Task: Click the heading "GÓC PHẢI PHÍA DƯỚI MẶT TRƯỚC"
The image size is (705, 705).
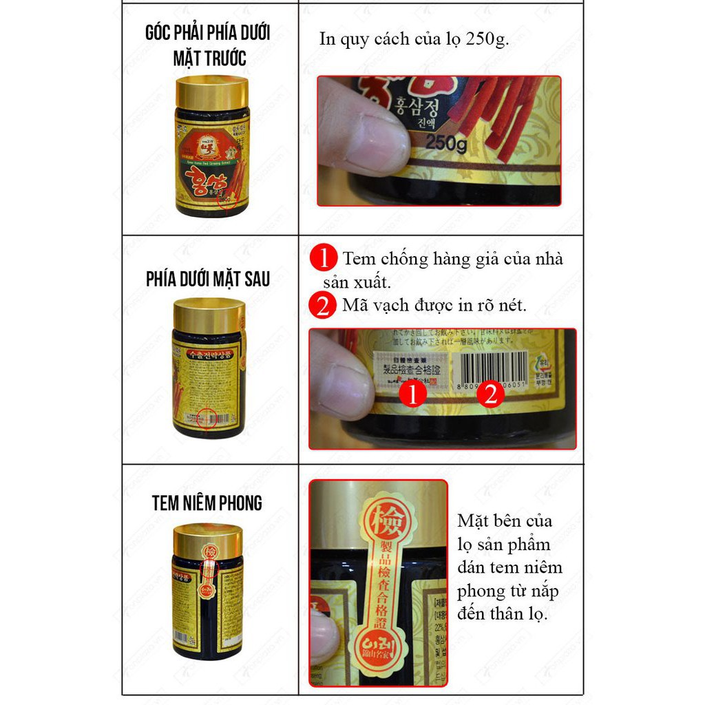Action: click(x=207, y=45)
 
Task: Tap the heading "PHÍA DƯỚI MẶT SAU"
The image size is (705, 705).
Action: click(x=207, y=279)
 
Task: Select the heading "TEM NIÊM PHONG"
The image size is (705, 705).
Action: click(x=207, y=503)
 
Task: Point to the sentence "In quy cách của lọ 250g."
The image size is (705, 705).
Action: click(x=414, y=39)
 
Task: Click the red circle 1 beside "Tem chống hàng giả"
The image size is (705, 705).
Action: click(x=323, y=260)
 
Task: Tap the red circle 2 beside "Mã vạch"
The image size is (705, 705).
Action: click(x=323, y=305)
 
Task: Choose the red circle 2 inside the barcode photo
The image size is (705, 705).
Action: click(x=490, y=394)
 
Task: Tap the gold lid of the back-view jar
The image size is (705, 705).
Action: click(x=207, y=315)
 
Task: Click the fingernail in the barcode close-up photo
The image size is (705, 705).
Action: click(x=349, y=379)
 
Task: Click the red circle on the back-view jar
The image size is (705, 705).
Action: click(x=207, y=418)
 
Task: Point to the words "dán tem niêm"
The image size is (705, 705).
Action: click(x=509, y=567)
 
